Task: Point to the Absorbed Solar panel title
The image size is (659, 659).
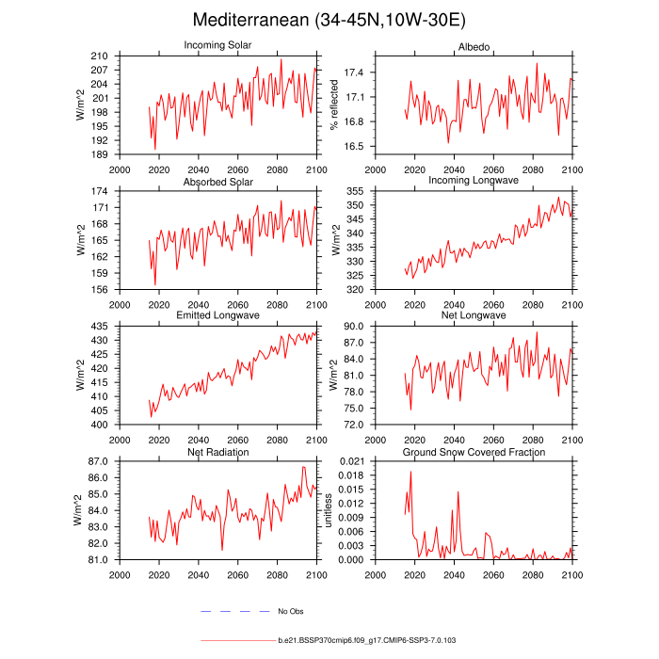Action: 217,181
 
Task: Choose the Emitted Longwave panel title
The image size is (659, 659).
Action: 217,315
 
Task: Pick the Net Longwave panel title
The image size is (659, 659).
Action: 473,315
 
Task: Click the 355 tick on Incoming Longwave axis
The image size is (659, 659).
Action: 356,191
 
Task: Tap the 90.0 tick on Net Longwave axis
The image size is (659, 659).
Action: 354,326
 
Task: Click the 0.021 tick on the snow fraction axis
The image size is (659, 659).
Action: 351,461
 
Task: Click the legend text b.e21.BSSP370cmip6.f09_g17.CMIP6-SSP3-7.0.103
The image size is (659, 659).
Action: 366,640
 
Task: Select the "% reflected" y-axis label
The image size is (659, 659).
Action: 334,104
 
